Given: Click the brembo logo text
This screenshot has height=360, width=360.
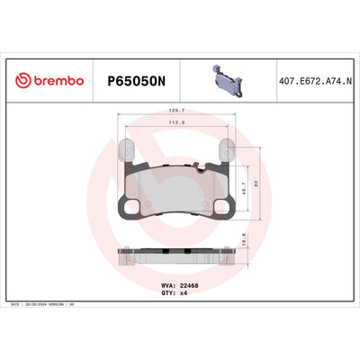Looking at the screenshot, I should pyautogui.click(x=59, y=81).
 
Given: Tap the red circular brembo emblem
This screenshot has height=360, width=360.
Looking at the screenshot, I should pyautogui.click(x=24, y=81).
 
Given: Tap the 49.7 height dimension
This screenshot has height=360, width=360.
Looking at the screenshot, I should pyautogui.click(x=248, y=184).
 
